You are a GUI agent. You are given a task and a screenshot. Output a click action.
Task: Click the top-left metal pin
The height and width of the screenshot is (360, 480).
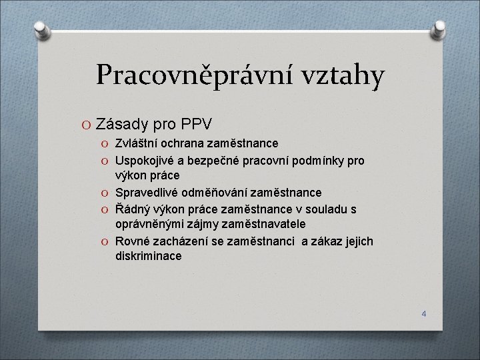pos(41,29)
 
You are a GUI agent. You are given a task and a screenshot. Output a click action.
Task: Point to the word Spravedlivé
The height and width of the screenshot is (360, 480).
pos(147,193)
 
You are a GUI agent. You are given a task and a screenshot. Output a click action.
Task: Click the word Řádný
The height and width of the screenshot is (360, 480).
pos(131,209)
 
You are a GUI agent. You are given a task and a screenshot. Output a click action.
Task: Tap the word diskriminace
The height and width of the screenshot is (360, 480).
pos(148,256)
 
